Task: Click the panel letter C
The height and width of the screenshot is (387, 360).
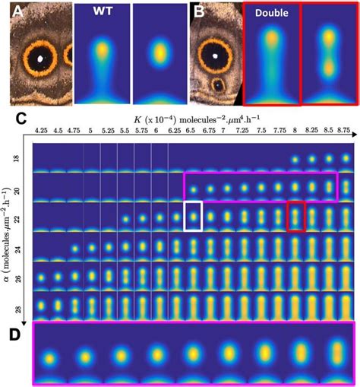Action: point(22,119)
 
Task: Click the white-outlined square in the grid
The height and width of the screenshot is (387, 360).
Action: point(194,215)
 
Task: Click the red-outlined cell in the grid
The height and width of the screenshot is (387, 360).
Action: point(295,215)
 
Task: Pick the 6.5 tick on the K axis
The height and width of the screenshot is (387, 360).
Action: point(194,131)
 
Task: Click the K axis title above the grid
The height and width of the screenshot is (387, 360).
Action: point(194,120)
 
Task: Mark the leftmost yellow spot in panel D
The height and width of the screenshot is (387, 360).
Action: point(49,356)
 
